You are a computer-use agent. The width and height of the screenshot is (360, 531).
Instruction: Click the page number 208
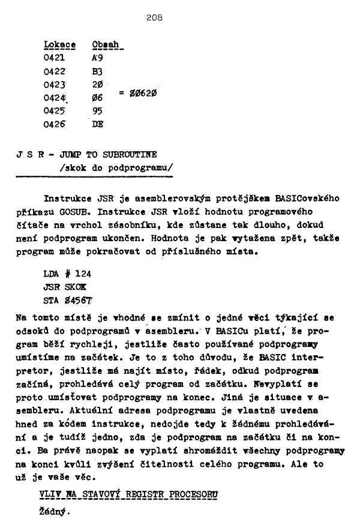click(x=154, y=17)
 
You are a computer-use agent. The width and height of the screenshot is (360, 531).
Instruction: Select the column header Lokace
click(x=60, y=45)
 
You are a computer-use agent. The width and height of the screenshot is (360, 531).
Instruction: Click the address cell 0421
click(x=54, y=58)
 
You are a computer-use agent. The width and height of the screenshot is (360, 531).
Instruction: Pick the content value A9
click(x=98, y=58)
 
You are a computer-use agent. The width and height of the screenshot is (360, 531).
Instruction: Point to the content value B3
click(x=98, y=71)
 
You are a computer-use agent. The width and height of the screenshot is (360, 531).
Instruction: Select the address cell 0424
click(x=55, y=98)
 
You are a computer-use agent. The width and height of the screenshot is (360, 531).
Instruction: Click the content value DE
click(x=98, y=124)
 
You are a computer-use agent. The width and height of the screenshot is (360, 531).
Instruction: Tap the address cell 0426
click(x=54, y=124)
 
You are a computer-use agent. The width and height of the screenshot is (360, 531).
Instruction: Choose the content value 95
click(x=98, y=111)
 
